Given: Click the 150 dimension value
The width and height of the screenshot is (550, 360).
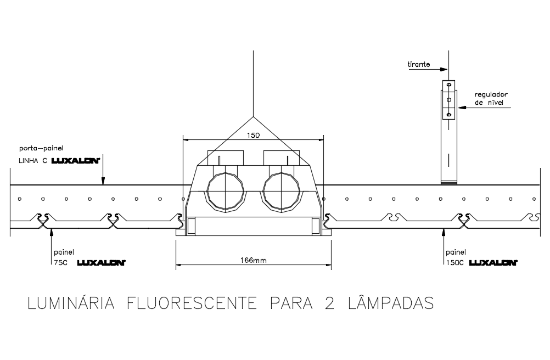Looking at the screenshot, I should [x=252, y=135].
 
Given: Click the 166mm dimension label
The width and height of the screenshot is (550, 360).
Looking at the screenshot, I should [x=254, y=260].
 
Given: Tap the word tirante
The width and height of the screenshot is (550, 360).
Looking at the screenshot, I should [x=419, y=65].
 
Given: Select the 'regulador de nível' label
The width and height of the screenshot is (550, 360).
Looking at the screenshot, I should [x=491, y=98].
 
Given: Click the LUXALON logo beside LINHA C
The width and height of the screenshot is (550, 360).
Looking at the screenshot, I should [x=75, y=160].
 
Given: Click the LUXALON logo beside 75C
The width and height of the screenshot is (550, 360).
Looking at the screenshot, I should [x=102, y=263].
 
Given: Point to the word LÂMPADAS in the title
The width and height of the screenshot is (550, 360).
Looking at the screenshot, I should [x=391, y=303].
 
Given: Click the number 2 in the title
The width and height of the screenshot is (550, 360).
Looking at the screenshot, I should [x=329, y=303].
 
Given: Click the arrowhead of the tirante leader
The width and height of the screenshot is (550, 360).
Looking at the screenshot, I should [x=445, y=69].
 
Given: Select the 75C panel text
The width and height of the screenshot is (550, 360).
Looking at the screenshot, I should [x=60, y=263].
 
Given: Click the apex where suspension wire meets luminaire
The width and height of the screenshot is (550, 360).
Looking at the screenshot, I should [x=253, y=117].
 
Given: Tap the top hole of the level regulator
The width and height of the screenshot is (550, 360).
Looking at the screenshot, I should [x=449, y=86].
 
